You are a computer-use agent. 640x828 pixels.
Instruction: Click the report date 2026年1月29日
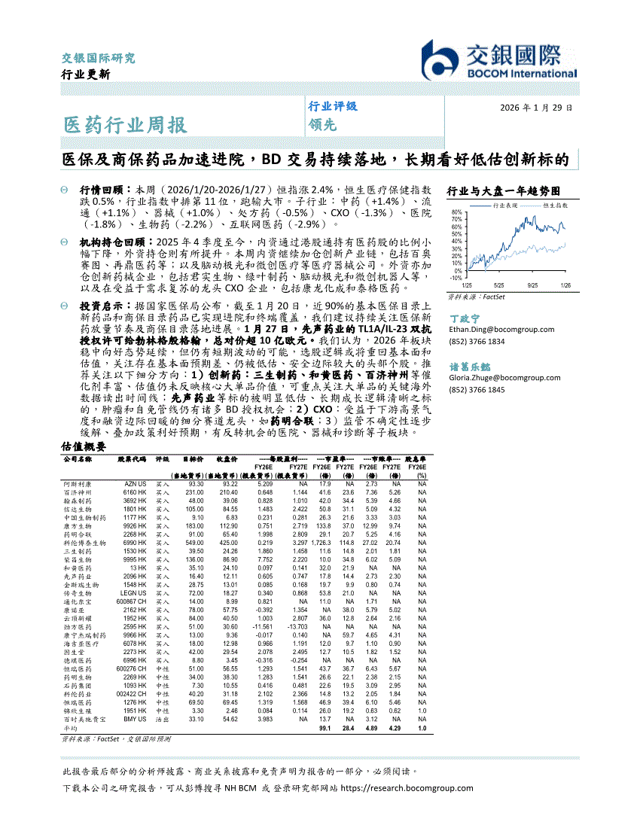point(536,108)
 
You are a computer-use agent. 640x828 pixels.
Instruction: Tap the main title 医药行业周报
point(124,124)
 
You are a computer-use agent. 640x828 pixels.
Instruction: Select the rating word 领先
point(322,126)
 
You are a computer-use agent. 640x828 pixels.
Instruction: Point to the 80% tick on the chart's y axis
point(456,212)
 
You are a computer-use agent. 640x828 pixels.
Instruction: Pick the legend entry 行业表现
point(505,205)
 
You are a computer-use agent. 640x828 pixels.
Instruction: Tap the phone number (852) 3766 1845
point(477,389)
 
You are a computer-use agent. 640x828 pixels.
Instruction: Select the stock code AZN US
point(136,484)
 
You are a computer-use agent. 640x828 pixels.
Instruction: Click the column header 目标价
point(194,458)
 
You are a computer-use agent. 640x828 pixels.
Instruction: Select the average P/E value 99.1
point(325,729)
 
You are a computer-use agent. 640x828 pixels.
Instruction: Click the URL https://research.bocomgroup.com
point(407,788)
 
